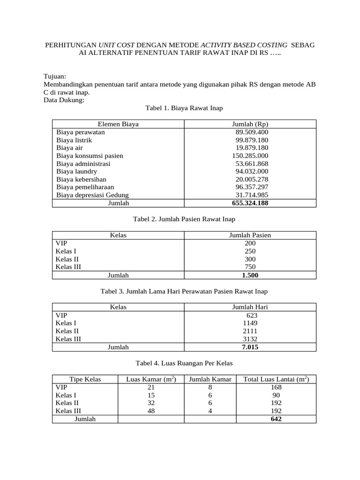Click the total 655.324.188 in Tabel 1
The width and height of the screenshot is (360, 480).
pos(250,203)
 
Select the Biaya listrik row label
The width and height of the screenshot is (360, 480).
pos(74,140)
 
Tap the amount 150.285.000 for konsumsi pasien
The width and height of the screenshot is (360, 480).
pos(250,156)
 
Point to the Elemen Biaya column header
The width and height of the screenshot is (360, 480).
pos(118,124)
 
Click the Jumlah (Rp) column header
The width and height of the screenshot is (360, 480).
pos(250,124)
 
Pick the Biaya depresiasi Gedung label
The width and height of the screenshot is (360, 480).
pos(92,195)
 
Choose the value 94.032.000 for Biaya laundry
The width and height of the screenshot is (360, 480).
pos(252,172)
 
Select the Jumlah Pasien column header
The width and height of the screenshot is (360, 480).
pos(250,235)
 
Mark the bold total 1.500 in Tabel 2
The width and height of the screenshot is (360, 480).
pos(250,275)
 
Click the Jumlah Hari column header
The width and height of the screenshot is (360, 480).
pos(250,307)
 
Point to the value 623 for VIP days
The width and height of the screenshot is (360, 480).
pos(252,315)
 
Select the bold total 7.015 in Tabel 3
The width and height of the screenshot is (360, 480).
pos(250,347)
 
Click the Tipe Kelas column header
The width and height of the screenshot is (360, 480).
pos(85,379)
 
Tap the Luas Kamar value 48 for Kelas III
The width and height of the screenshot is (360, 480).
pos(151,411)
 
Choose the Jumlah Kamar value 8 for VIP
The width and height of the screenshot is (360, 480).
pos(210,387)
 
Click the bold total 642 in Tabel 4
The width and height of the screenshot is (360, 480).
pos(276,419)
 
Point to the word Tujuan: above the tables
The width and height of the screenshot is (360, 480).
pos(55,76)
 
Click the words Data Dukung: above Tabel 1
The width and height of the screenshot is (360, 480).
pos(64,100)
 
